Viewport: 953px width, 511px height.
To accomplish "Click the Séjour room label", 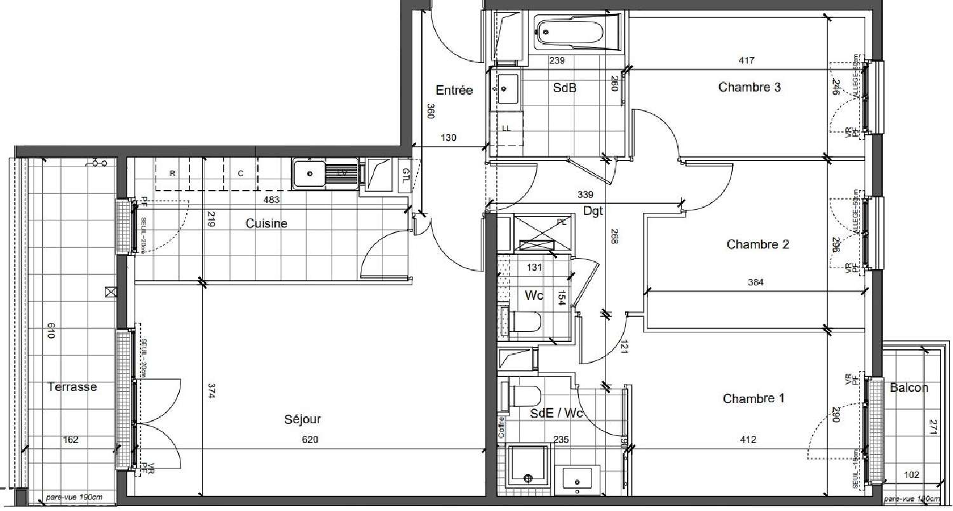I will click(x=302, y=419).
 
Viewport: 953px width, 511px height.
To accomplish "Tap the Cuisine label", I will click(x=266, y=223).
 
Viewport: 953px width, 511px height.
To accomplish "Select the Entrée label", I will click(x=454, y=90).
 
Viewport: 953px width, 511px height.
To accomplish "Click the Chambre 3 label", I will click(x=749, y=87).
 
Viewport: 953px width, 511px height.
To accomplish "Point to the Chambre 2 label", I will click(x=757, y=244).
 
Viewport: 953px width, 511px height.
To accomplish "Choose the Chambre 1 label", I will click(x=753, y=399).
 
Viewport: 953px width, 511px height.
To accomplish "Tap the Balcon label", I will click(x=909, y=388).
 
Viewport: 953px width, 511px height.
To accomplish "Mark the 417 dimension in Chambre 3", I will click(x=747, y=61).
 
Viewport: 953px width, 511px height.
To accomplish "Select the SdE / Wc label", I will click(x=557, y=414).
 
